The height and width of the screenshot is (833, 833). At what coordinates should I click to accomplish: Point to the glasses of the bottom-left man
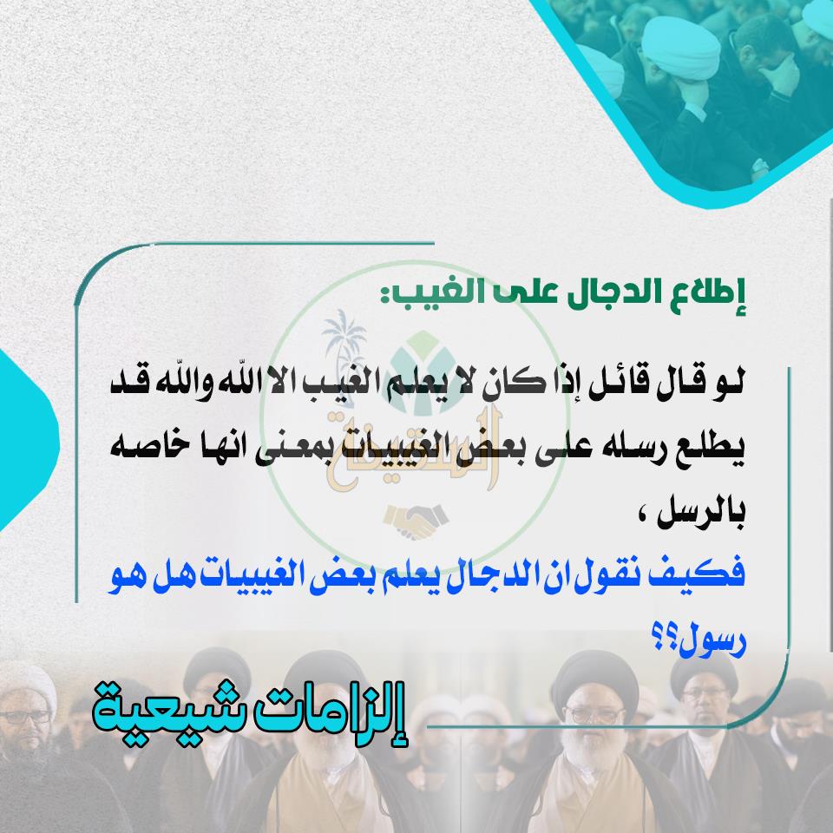pos(25,718)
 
